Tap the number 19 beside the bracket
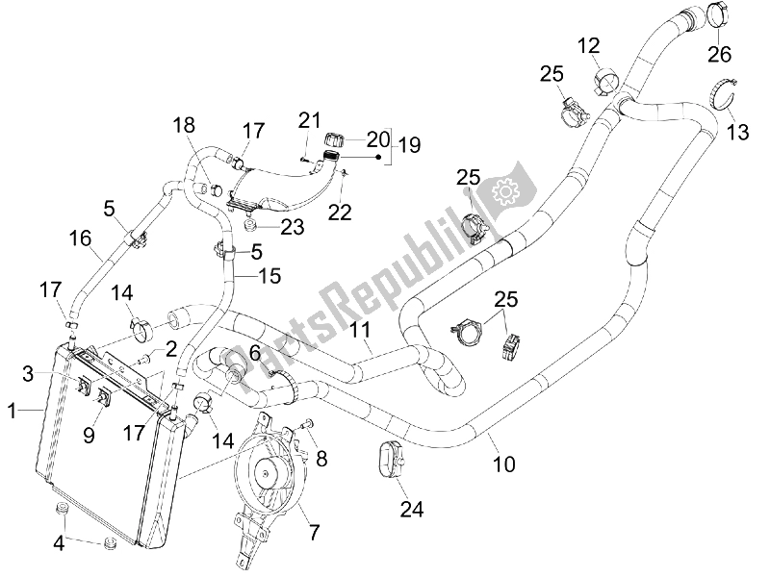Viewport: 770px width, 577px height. tap(410, 146)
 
